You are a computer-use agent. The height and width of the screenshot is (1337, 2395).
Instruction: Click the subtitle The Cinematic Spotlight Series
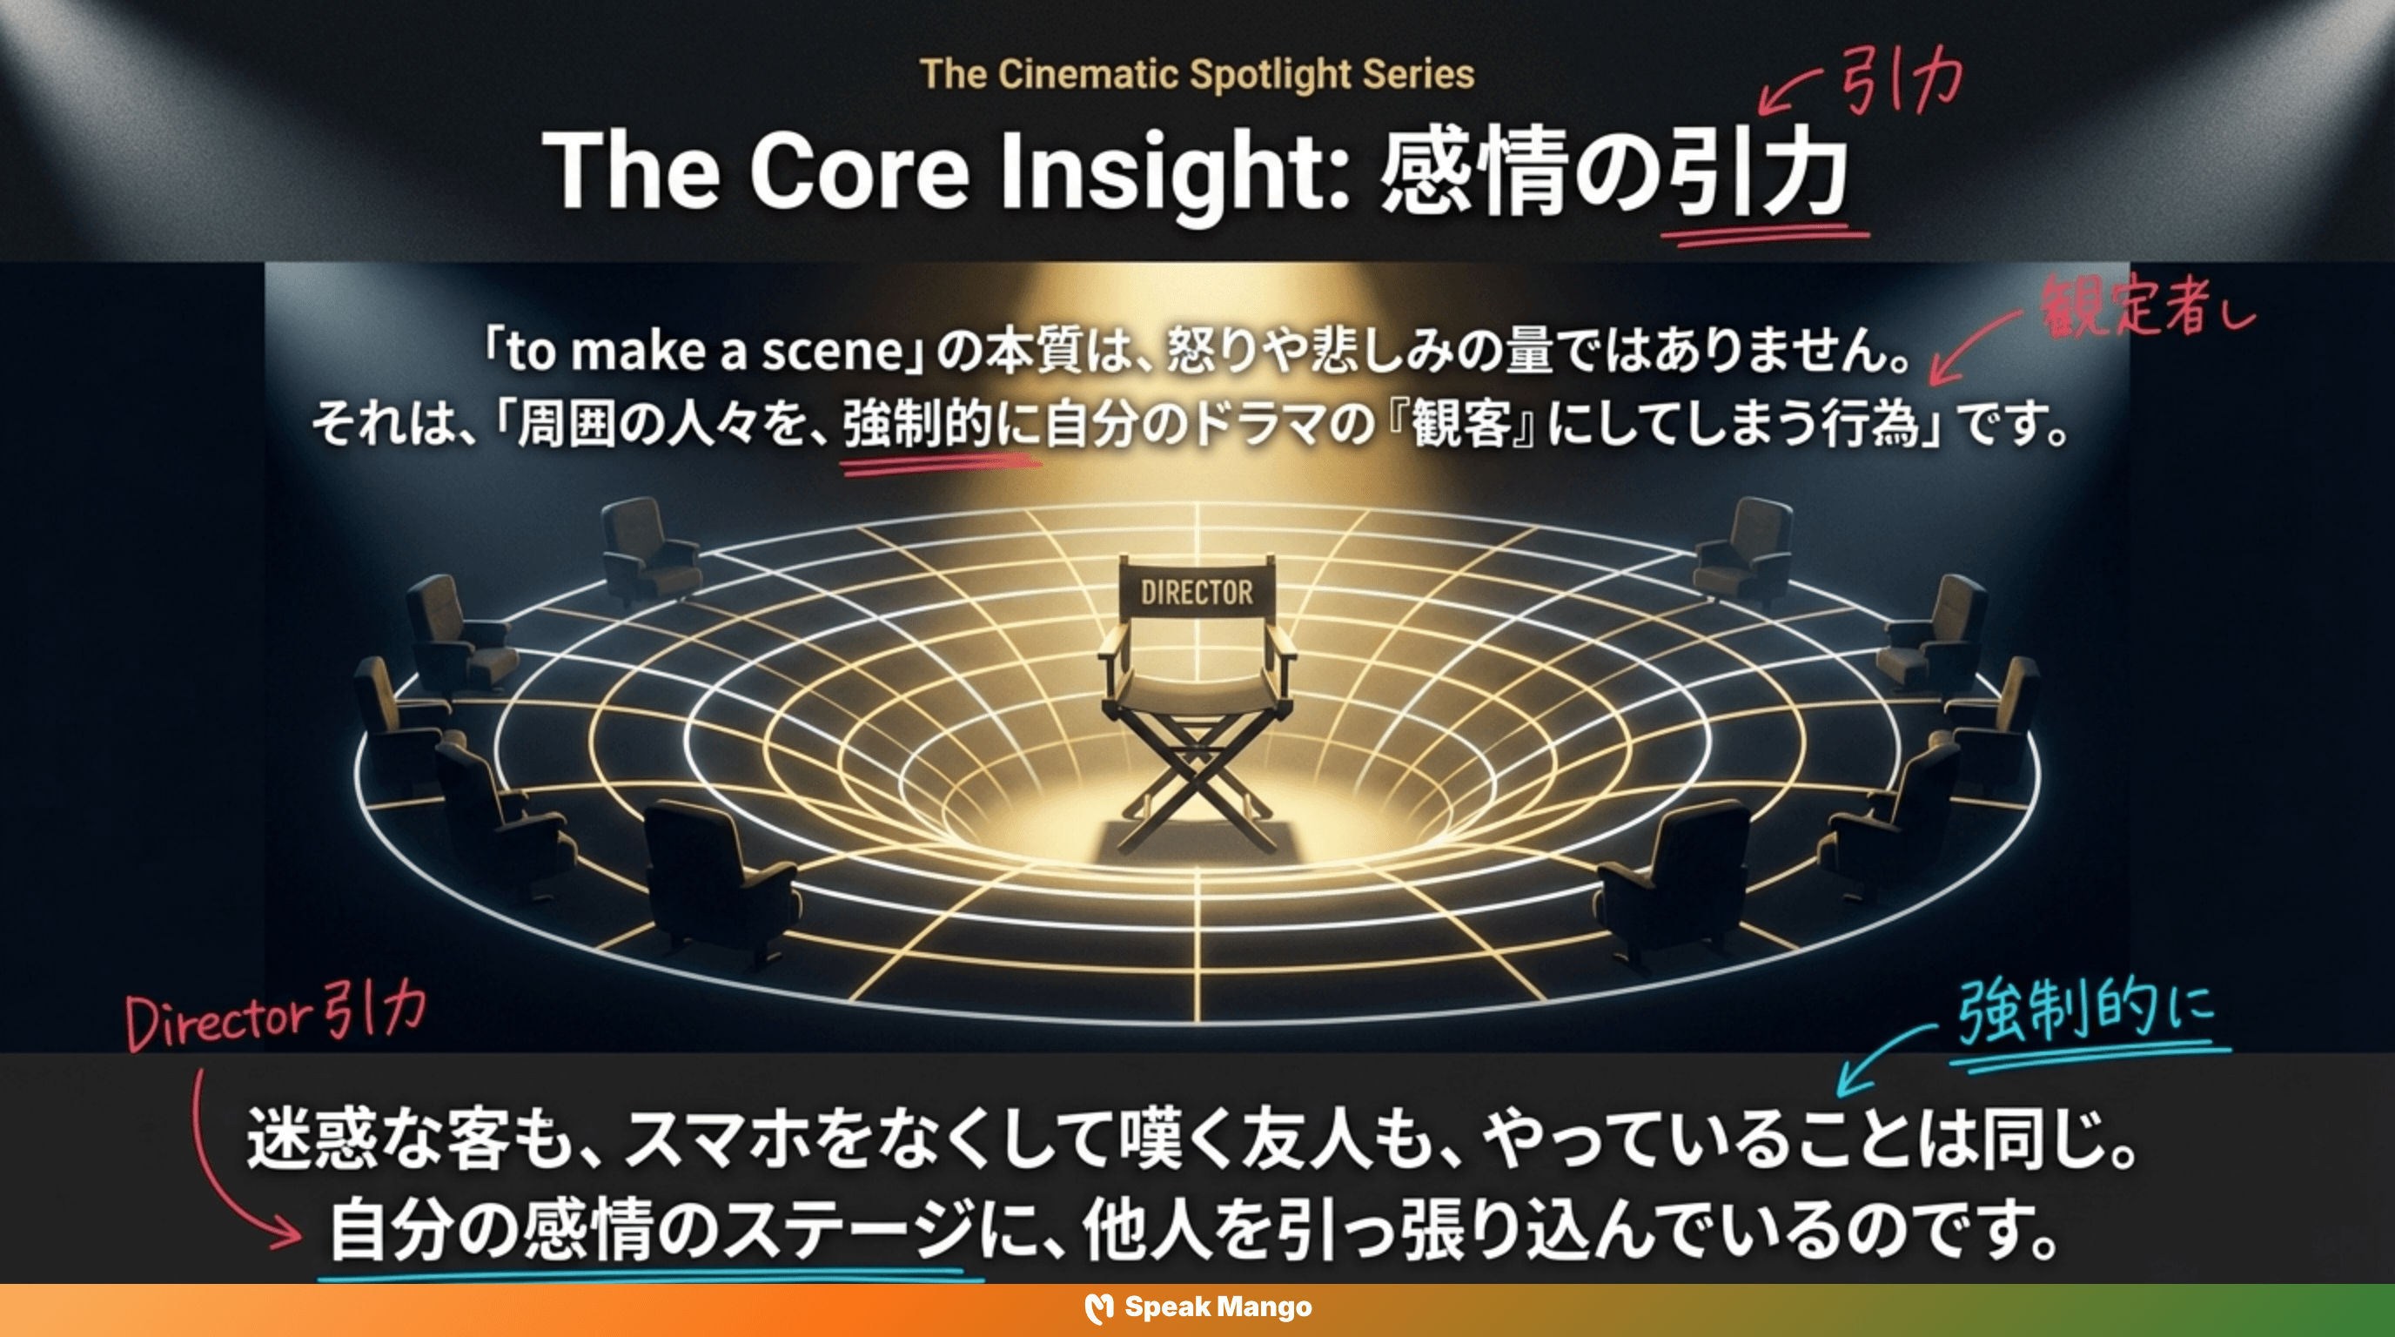pyautogui.click(x=1197, y=74)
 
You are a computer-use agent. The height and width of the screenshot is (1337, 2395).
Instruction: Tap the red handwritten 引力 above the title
pyautogui.click(x=1902, y=82)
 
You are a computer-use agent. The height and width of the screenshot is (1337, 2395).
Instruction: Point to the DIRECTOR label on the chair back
pyautogui.click(x=1197, y=592)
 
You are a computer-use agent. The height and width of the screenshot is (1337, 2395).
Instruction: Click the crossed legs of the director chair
pyautogui.click(x=1197, y=790)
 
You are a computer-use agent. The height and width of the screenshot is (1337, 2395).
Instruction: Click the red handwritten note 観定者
pyautogui.click(x=2129, y=306)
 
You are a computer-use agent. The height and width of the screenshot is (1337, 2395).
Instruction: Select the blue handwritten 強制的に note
pyautogui.click(x=2087, y=1013)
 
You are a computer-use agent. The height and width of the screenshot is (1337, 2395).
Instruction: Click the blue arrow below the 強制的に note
pyautogui.click(x=1878, y=1060)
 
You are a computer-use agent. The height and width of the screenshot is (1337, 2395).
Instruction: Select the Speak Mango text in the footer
pyautogui.click(x=1218, y=1307)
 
